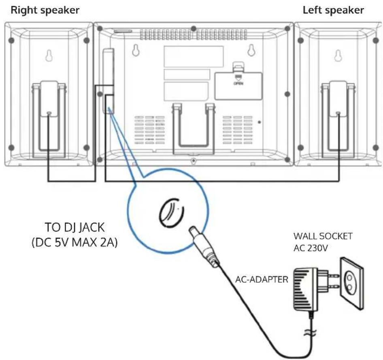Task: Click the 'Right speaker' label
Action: (45, 11)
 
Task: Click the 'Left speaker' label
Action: (333, 11)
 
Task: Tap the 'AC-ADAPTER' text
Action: (262, 280)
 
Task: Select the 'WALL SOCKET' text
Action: (323, 236)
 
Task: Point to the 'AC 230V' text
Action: (311, 248)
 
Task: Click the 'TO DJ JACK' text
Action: (75, 227)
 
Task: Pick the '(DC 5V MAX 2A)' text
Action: (75, 243)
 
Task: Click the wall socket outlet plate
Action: (352, 283)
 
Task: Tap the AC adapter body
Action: (306, 290)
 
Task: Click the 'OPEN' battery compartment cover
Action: (238, 86)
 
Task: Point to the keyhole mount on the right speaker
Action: (49, 55)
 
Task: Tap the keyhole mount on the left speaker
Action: (338, 55)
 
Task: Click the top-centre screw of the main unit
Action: (194, 29)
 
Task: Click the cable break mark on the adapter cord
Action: (310, 332)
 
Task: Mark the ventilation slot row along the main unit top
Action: (194, 35)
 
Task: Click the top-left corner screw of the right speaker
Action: (11, 40)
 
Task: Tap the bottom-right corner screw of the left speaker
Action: (376, 147)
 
